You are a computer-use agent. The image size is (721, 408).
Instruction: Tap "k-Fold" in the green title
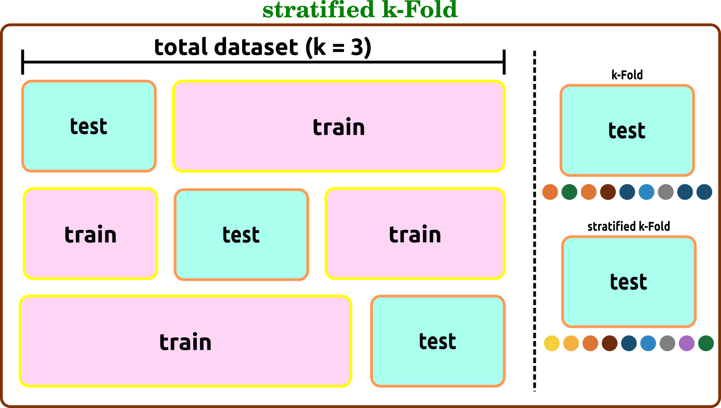(x=420, y=10)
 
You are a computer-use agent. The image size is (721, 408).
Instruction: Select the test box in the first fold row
(x=89, y=126)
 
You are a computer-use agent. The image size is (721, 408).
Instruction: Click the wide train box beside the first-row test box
(x=339, y=126)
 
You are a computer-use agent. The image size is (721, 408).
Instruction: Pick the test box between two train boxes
(x=241, y=235)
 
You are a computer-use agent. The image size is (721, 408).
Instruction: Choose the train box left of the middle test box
(x=91, y=234)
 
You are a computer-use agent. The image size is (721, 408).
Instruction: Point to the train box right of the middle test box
(x=415, y=234)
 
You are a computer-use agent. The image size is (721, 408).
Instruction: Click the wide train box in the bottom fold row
(x=185, y=341)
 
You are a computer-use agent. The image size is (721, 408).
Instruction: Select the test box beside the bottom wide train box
(x=438, y=341)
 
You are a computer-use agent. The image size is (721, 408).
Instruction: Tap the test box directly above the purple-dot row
(x=629, y=282)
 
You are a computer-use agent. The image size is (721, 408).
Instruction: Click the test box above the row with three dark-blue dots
(x=627, y=130)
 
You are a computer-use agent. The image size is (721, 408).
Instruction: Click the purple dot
(x=687, y=343)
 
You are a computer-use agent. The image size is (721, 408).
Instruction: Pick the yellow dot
(x=552, y=343)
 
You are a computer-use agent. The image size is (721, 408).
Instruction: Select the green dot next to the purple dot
(x=706, y=343)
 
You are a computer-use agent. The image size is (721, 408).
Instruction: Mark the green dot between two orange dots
(x=569, y=192)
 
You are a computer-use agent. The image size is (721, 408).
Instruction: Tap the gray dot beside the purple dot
(x=667, y=343)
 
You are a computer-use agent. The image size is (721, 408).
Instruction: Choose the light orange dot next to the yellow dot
(x=571, y=343)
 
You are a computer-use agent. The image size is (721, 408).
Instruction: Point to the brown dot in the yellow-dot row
(x=610, y=343)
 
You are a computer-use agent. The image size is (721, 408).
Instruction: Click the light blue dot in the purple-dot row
(x=648, y=343)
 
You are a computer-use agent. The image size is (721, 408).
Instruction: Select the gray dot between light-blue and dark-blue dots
(x=665, y=192)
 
